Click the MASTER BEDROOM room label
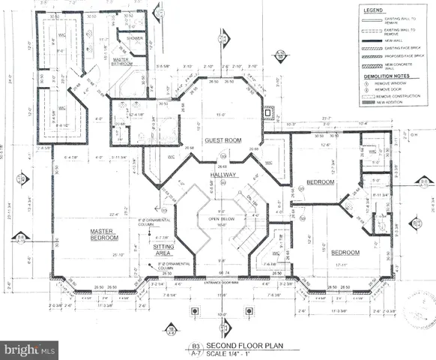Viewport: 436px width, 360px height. [x=106, y=234]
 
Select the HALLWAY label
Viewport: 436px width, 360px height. [x=223, y=175]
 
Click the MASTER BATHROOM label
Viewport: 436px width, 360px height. [x=122, y=61]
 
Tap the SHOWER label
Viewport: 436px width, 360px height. [x=135, y=38]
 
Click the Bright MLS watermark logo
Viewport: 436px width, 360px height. [x=30, y=349]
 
